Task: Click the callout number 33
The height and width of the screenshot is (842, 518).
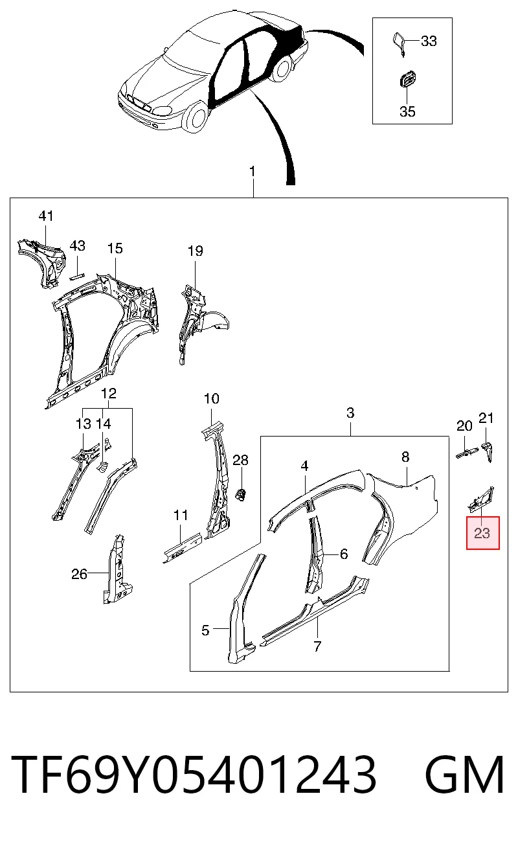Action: click(429, 41)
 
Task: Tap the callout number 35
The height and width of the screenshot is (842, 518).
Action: click(407, 111)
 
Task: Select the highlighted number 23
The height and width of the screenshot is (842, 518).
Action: click(482, 533)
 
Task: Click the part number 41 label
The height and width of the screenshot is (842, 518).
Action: click(46, 216)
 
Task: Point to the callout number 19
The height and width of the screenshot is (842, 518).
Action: click(196, 251)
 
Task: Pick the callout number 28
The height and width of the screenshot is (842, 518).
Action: click(241, 460)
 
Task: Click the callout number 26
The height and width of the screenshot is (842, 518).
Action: click(79, 574)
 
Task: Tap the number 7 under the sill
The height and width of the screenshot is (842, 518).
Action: click(317, 646)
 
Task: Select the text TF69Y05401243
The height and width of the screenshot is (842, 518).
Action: click(194, 775)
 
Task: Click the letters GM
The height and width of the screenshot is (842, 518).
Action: click(465, 775)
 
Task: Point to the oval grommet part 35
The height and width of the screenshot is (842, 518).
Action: click(407, 80)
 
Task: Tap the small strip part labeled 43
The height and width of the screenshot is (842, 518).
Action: click(77, 277)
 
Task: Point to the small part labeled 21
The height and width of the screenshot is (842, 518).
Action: click(488, 451)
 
